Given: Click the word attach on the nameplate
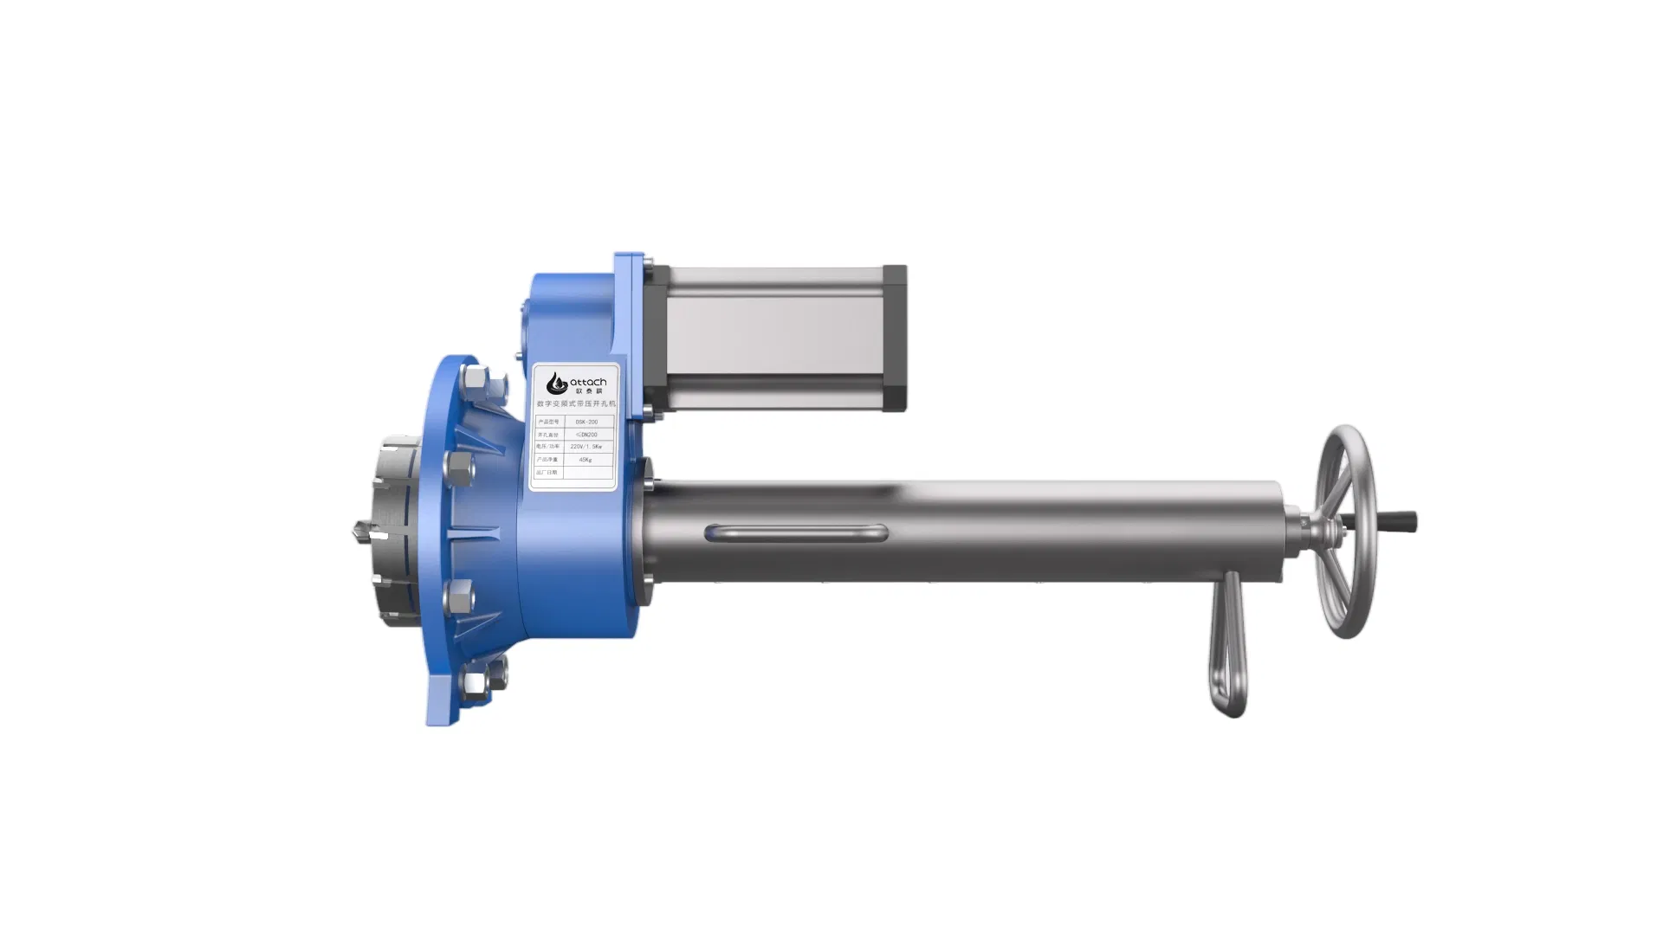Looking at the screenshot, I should (588, 382).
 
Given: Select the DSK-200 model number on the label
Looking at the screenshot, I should (586, 422).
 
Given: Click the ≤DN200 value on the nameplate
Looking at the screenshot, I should (586, 435).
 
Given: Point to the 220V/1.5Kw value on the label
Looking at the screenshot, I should (586, 447).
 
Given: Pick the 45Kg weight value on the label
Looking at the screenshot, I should (586, 460).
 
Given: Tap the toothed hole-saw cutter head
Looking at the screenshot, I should (394, 530).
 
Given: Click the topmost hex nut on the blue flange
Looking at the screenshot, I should (476, 379).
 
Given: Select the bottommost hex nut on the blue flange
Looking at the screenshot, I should (476, 683).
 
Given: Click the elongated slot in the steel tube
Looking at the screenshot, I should (795, 532).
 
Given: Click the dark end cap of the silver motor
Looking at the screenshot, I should (894, 338).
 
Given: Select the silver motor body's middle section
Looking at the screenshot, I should (771, 338).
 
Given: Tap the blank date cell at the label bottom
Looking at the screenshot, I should (587, 473).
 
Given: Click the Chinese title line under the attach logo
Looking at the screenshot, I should (574, 403).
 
